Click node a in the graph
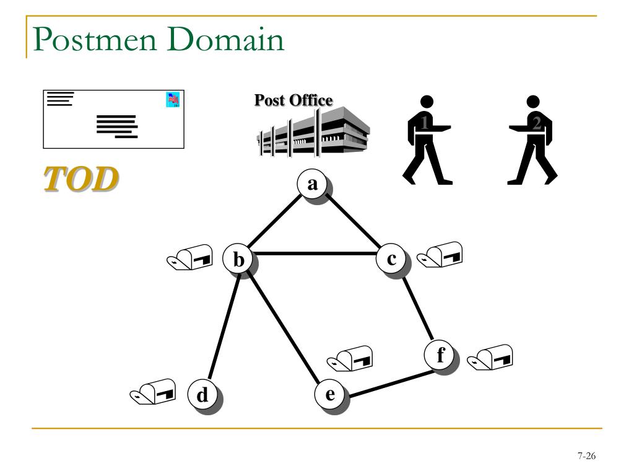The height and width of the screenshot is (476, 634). coord(312,184)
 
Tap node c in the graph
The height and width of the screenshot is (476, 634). coord(391,258)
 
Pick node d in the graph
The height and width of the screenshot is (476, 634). coord(202,394)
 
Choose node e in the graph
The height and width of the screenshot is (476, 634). coord(330,394)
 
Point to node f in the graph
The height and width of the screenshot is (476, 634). coord(440,356)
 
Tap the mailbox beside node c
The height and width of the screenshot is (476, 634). coord(440,254)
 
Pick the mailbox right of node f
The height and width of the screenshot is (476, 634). coord(490,357)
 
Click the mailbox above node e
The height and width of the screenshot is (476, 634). coord(350,358)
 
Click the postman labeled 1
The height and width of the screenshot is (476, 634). coord(426,140)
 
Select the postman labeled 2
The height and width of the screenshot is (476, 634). coord(533,140)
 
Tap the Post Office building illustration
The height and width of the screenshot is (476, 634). coord(313,132)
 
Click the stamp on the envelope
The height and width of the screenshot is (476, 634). coord(173,100)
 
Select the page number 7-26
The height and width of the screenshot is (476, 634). coord(586,457)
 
